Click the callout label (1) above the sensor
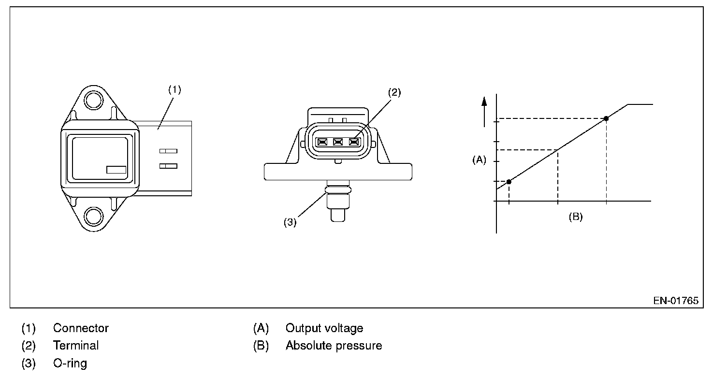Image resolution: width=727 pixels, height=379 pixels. pos(174,89)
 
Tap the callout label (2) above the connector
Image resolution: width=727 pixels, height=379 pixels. pos(394,92)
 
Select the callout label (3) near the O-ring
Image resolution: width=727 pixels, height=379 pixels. pos(290,222)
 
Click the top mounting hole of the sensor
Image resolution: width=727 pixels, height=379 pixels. pos(93,100)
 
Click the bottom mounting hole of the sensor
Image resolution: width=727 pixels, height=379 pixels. pos(93,217)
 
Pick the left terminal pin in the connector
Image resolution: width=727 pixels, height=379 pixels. pos(322,142)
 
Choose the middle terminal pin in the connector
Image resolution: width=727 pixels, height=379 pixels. pos(338,142)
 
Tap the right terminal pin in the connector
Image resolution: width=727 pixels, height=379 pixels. pos(354,142)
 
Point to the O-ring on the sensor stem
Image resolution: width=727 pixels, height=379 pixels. pos(338,189)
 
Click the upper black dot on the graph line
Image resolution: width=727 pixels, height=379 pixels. pos(606,119)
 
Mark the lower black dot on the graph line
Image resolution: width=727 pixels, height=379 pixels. pos(509,182)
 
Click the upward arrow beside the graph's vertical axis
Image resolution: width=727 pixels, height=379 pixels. pos(484,112)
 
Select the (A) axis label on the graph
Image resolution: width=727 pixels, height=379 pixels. pos(479,160)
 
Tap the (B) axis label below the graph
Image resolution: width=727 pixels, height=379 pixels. pos(576,217)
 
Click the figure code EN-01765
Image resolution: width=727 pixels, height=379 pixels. pos(676,301)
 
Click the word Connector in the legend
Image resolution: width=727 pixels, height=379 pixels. pos(81,328)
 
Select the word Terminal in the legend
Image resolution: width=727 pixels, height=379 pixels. pos(76,346)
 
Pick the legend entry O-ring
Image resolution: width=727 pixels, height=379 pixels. pos(70,363)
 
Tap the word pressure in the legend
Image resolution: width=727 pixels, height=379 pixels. pos(359,346)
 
